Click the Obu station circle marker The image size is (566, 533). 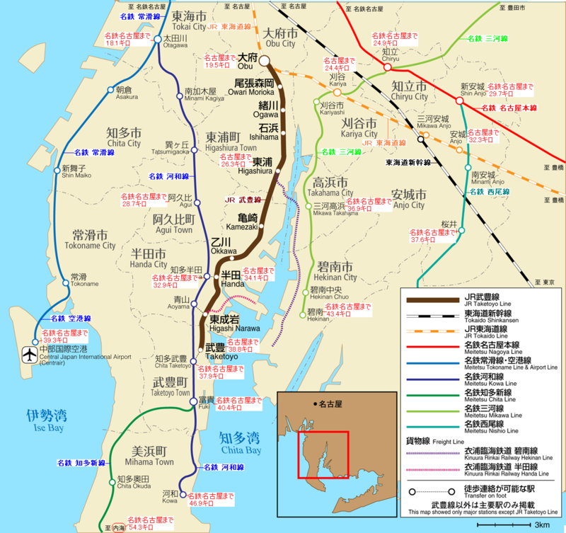coord(265,62)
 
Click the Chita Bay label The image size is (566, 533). coord(241,442)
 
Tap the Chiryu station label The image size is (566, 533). coord(391,55)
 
